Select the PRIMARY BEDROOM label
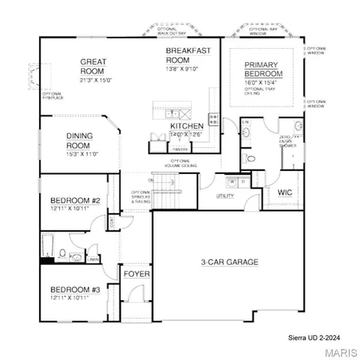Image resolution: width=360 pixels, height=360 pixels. (x=262, y=70)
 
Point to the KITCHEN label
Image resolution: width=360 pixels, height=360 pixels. (x=186, y=126)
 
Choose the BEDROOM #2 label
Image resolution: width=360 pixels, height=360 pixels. (x=75, y=201)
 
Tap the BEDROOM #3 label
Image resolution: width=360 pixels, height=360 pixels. (x=75, y=289)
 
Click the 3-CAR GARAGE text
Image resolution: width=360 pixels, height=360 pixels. (x=229, y=262)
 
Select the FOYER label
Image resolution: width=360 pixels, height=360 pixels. (x=136, y=274)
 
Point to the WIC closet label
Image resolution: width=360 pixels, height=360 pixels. (x=284, y=193)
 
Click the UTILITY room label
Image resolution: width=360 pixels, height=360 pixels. (x=225, y=196)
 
